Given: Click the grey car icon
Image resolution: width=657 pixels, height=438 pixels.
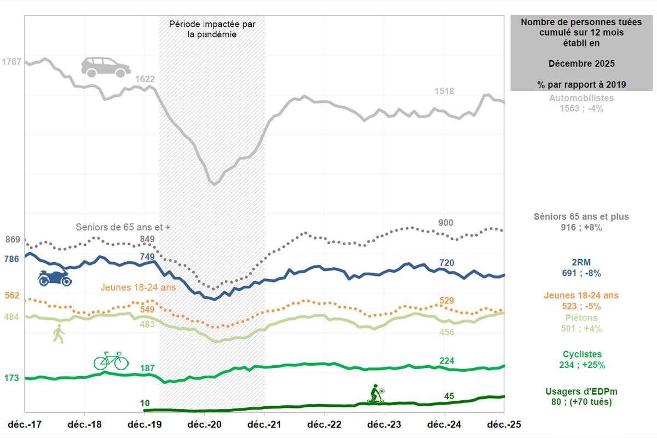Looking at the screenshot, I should coord(106,67).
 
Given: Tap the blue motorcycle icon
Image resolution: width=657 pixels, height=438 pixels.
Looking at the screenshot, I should coord(55,278).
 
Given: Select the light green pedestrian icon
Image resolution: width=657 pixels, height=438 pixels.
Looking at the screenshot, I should coord(59,333).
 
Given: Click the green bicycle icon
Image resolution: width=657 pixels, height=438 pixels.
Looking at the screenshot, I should coord(111,360).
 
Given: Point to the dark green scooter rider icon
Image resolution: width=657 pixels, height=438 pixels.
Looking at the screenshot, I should coord(376,394).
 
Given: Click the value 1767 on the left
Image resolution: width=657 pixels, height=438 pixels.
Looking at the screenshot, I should coord(11,62).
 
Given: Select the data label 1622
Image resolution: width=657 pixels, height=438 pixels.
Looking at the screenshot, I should coord(145,79).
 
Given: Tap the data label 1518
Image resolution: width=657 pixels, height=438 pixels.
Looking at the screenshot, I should coord(444,91).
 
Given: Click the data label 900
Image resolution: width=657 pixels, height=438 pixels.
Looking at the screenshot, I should coord(446,223).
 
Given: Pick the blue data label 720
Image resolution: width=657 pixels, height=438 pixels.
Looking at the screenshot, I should coord(447,263).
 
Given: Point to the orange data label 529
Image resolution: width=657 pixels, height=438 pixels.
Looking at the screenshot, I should coord(447,301).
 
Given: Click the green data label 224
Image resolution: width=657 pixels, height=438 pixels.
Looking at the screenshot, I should coord(447,360).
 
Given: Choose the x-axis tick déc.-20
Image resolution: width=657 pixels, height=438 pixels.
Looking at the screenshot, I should coord(205,425).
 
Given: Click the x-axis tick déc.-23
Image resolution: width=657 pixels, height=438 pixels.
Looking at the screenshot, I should coord(384,425).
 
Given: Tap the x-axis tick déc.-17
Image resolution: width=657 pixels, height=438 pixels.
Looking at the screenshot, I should coord(25,425).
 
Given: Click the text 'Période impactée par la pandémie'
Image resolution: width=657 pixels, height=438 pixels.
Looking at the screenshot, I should coord(211,30).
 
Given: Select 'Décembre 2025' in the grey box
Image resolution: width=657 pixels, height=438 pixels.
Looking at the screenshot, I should coord(581,64).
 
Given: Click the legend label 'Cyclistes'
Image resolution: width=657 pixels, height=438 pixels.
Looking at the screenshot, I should coord(582,354).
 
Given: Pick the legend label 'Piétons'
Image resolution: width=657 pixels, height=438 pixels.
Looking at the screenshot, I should coord(582,318).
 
